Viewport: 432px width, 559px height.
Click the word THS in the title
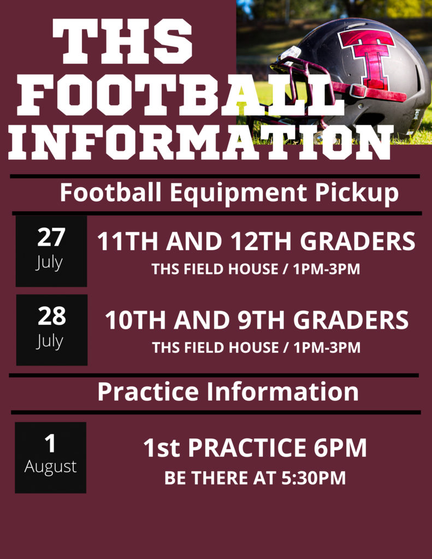(122, 41)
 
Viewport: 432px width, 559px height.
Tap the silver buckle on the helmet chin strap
(358, 91)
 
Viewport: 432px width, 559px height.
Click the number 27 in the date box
(51, 237)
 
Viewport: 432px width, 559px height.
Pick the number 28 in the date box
(52, 316)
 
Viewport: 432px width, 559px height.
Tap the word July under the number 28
(50, 342)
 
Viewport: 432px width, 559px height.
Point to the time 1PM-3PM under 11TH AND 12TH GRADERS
(327, 269)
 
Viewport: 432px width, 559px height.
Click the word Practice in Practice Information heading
(148, 391)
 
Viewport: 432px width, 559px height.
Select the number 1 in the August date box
(50, 444)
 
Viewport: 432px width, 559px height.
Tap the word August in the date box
(50, 467)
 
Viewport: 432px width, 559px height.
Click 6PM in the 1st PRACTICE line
(340, 448)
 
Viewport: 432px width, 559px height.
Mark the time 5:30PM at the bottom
(313, 478)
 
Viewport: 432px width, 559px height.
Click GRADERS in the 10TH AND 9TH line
(351, 320)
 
